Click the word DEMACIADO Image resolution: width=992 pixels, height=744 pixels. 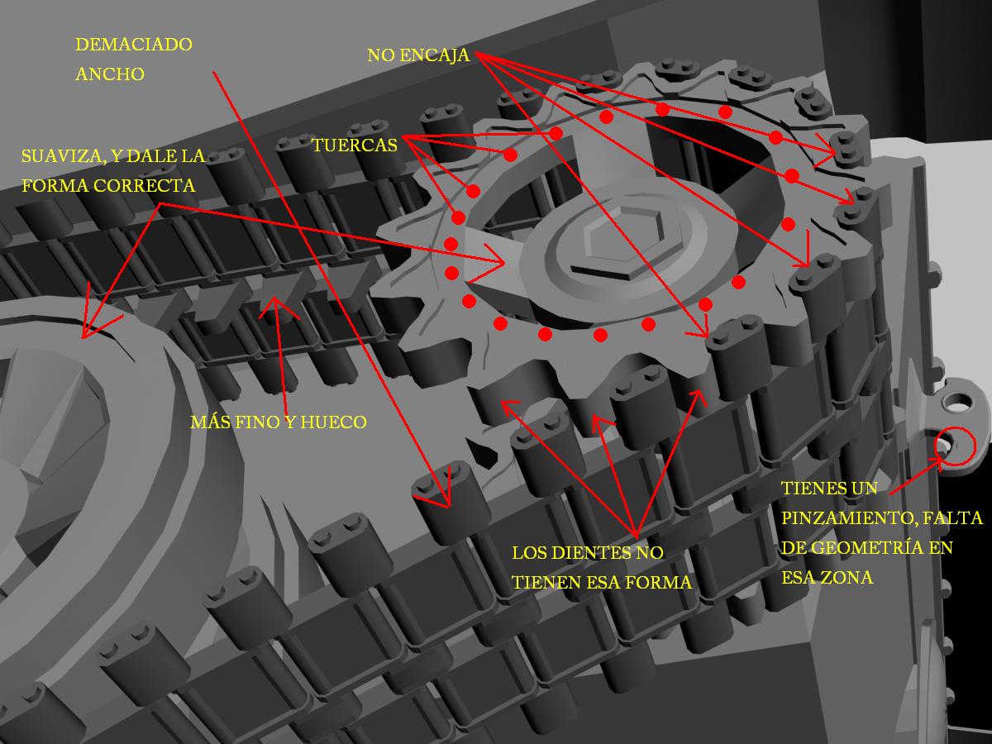[x=134, y=45]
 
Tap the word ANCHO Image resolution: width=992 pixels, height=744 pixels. [x=110, y=74]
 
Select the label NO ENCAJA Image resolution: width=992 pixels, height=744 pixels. [x=418, y=55]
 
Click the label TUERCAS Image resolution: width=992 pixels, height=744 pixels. [x=355, y=145]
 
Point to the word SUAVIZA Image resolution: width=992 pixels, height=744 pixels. [x=61, y=156]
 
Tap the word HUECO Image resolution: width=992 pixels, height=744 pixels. [x=333, y=422]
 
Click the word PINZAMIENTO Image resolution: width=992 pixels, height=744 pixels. [x=850, y=518]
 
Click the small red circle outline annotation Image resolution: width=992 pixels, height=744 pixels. [x=955, y=446]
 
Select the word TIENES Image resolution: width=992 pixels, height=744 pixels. [x=807, y=489]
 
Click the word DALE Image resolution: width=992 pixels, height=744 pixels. [x=151, y=156]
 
